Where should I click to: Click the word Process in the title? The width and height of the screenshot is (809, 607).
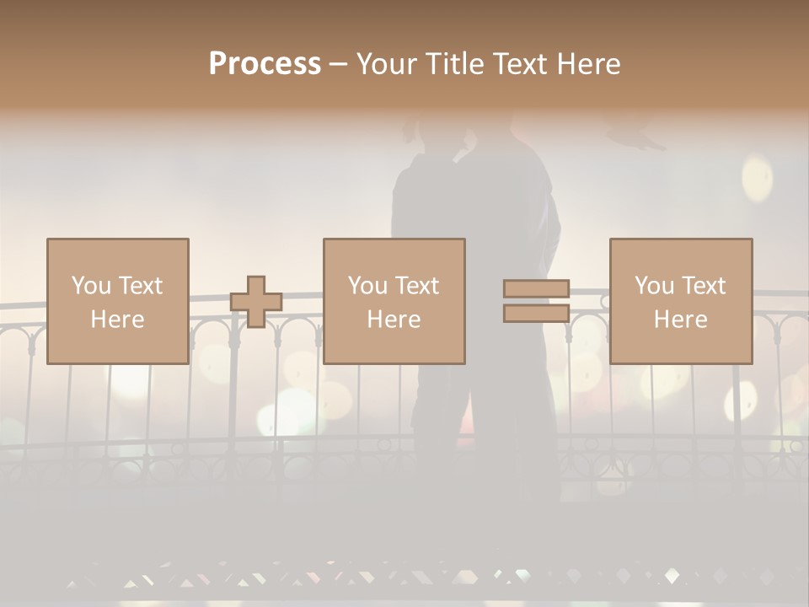click(265, 64)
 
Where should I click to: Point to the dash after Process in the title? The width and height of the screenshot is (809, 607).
click(338, 65)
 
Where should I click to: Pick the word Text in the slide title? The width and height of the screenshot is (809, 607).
click(519, 64)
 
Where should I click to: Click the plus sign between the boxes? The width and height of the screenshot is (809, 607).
click(256, 301)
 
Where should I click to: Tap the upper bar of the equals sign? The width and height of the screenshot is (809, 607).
click(536, 288)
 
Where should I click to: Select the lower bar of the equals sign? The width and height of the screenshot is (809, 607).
click(536, 314)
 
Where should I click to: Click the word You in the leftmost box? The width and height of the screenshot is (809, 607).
click(91, 286)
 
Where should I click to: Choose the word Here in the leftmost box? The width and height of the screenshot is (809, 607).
click(117, 320)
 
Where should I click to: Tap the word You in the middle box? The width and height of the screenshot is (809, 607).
click(367, 286)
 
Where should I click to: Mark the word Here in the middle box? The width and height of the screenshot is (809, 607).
click(394, 320)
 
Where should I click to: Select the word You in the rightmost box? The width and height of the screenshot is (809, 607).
click(654, 286)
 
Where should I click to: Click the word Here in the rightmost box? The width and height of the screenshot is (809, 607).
click(680, 320)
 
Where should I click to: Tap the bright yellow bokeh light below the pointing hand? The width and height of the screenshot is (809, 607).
click(757, 179)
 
